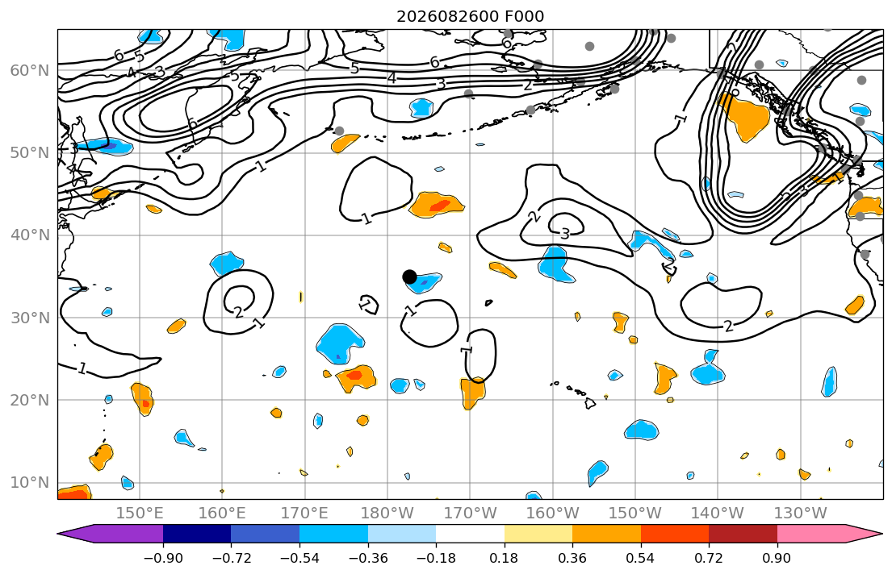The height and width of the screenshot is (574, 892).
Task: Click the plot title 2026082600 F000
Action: [470, 16]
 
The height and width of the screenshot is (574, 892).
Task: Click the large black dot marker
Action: [409, 277]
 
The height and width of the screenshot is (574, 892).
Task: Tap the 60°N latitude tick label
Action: [30, 70]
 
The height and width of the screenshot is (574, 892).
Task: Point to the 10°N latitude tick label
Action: [30, 483]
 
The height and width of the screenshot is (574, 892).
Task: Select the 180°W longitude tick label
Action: [387, 514]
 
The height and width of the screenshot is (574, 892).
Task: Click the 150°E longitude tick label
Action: [140, 514]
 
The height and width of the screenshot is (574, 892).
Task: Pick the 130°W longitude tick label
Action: [801, 514]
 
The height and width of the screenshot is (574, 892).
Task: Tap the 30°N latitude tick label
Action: [30, 318]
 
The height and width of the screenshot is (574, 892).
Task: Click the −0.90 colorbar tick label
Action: [163, 558]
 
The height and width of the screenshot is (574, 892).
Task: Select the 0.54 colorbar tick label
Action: [641, 558]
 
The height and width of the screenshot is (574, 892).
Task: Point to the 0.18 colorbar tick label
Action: [504, 558]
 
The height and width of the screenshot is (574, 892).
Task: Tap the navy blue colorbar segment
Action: [197, 534]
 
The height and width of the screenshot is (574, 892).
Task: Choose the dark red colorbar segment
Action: [743, 534]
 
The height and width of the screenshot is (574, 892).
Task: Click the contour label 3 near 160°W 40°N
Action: [565, 234]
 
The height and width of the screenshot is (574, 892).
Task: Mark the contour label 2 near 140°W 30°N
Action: [728, 327]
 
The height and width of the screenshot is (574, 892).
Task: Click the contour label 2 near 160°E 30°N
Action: [238, 312]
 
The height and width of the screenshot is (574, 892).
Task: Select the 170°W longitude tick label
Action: [470, 514]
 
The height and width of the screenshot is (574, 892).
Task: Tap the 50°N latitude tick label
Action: [30, 153]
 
